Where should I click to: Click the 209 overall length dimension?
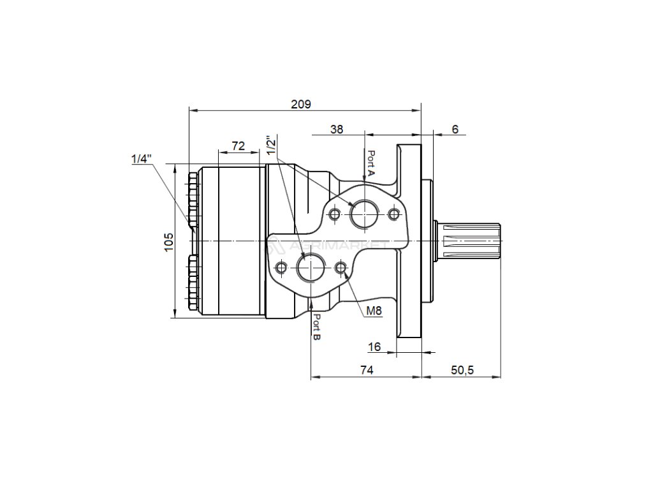[x=301, y=104]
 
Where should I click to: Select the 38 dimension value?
[x=337, y=129]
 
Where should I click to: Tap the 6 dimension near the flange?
[x=455, y=129]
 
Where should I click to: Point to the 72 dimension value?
[x=238, y=146]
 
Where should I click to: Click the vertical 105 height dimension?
[x=168, y=242]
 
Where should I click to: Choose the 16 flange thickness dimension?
[x=375, y=346]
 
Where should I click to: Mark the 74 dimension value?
[x=367, y=370]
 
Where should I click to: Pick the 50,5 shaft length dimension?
[x=462, y=370]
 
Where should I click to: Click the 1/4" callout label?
[x=142, y=159]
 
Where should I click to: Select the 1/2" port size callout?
[x=272, y=145]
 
